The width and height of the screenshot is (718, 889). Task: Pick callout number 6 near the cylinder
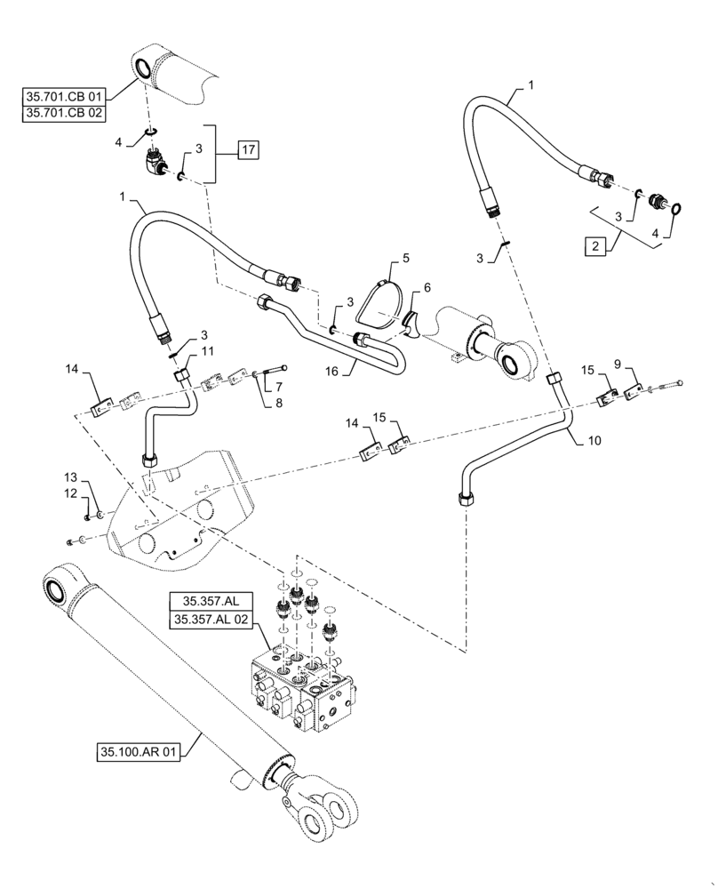point(427,288)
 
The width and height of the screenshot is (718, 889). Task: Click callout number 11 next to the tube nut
point(208,353)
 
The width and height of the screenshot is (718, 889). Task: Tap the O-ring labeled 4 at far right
point(677,208)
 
